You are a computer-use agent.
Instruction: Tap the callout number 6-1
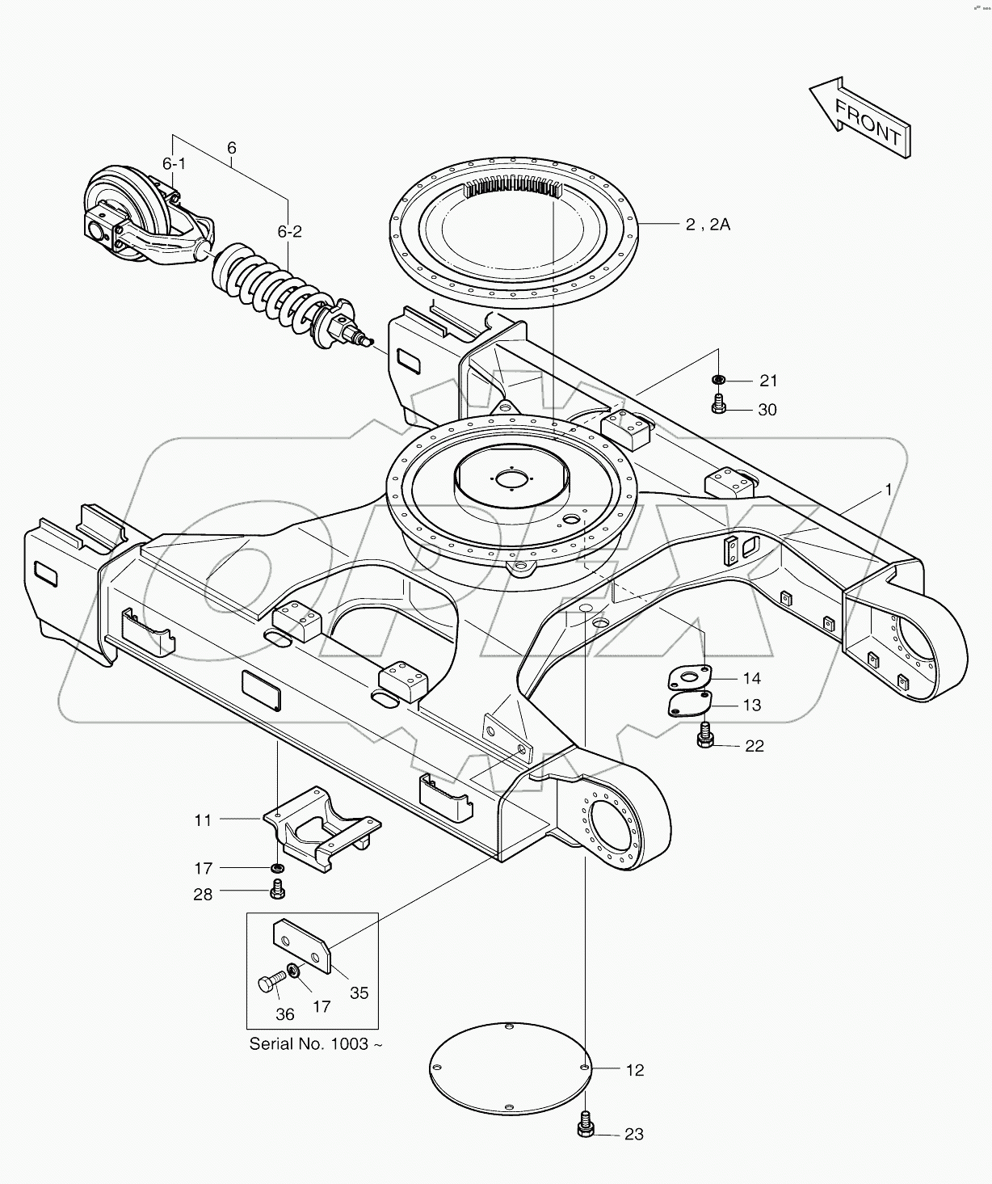pyautogui.click(x=174, y=164)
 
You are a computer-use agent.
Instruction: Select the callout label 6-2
pyautogui.click(x=289, y=232)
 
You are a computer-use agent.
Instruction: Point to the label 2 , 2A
pyautogui.click(x=708, y=225)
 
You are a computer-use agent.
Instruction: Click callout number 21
pyautogui.click(x=767, y=381)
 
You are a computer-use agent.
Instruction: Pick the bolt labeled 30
pyautogui.click(x=718, y=404)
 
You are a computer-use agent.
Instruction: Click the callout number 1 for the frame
pyautogui.click(x=889, y=490)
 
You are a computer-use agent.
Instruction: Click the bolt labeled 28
pyautogui.click(x=277, y=891)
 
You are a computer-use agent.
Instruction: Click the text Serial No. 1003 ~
pyautogui.click(x=316, y=1043)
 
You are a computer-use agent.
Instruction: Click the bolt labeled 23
pyautogui.click(x=586, y=1125)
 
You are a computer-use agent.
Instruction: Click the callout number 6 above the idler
pyautogui.click(x=232, y=148)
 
